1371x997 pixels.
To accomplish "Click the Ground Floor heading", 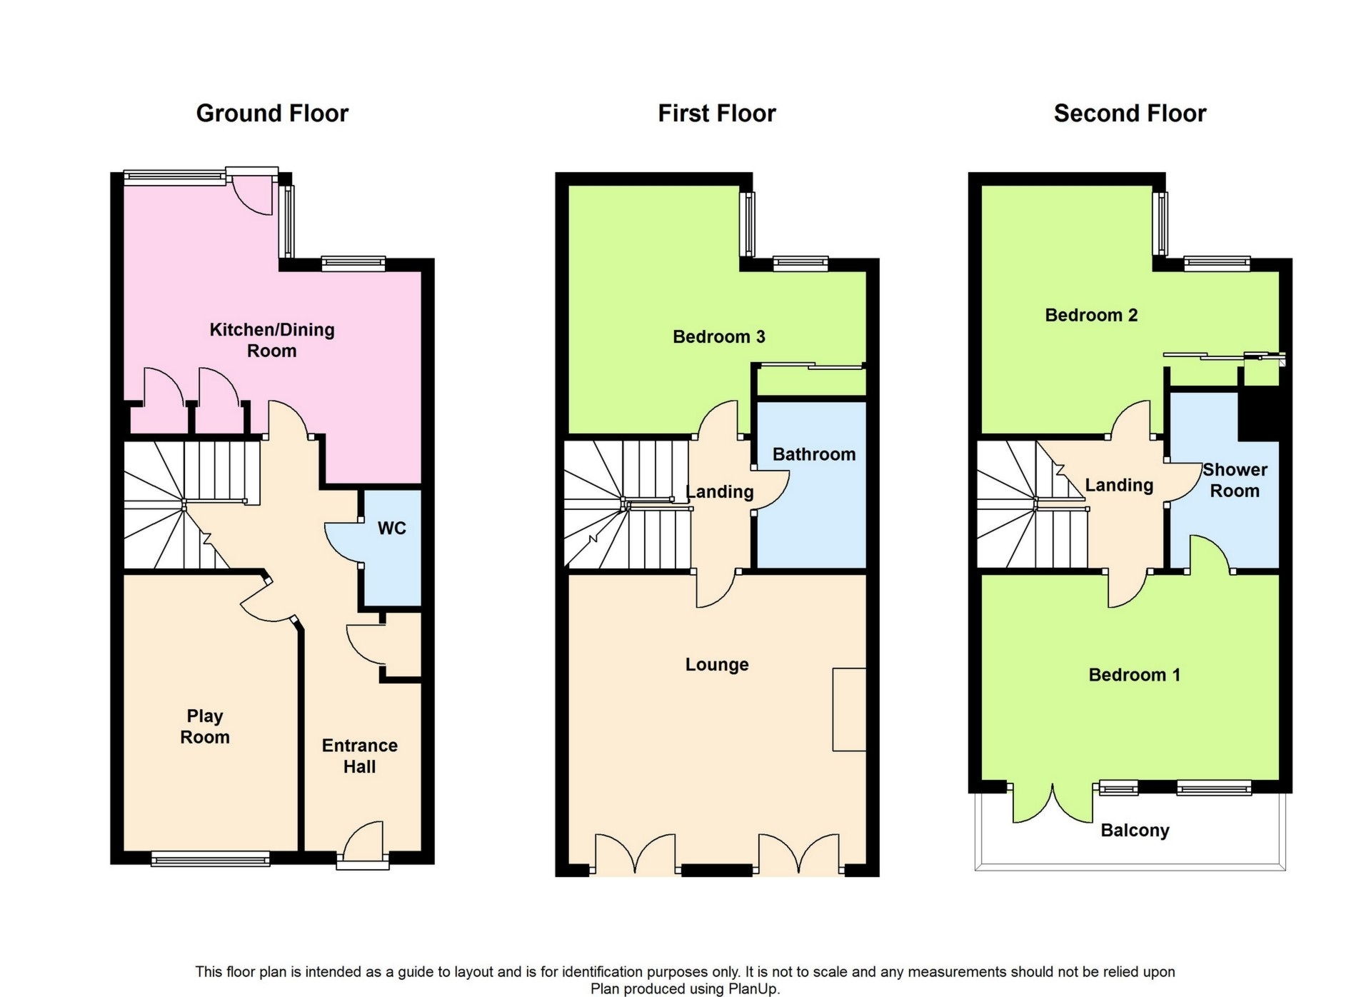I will click(272, 114).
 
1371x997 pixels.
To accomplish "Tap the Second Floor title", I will click(1130, 114).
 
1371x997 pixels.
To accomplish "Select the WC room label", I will click(391, 528).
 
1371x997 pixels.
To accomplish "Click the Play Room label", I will click(205, 726).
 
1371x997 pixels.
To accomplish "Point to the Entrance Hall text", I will click(359, 756).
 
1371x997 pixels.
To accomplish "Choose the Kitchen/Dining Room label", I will click(272, 340).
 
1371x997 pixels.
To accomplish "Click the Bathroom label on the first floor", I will click(813, 454).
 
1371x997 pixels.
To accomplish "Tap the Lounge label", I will click(717, 665).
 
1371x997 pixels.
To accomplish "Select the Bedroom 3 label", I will click(718, 336).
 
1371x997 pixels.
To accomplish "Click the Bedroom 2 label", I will click(1091, 315).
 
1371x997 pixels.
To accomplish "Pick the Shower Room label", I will click(1235, 480).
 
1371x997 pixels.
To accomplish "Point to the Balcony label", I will click(1135, 831).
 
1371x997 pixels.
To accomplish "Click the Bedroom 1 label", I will click(1134, 675).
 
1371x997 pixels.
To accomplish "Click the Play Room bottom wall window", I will click(211, 858).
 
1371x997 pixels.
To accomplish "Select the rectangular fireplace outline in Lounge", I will click(849, 709).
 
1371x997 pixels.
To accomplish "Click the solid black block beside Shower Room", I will click(1258, 414).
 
